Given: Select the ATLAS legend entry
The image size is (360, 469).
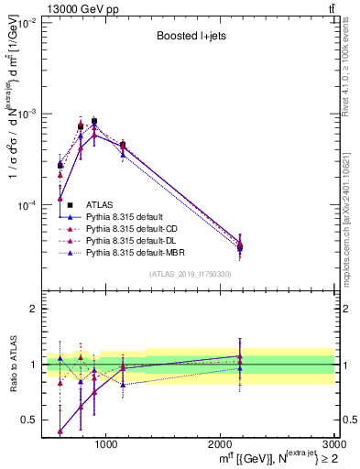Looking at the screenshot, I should (100, 204).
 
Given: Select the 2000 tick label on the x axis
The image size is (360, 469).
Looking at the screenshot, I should (220, 443).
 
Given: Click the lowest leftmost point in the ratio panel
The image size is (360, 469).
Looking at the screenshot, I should (60, 431).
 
